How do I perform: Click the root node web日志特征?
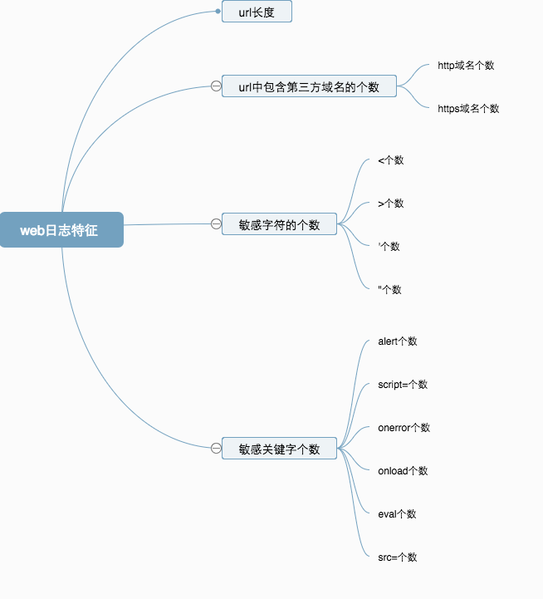click(61, 230)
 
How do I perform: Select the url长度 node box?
click(257, 12)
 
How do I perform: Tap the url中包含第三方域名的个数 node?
click(309, 86)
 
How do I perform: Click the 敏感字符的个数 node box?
click(279, 224)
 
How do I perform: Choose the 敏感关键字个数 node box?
click(279, 449)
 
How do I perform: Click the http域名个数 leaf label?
click(466, 65)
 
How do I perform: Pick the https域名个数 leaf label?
click(468, 108)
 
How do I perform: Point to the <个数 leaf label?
click(390, 160)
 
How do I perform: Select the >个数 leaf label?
click(390, 203)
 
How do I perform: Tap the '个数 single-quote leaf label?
click(389, 246)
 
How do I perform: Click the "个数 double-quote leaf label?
click(389, 289)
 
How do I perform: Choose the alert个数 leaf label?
click(397, 341)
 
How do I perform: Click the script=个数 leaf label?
click(402, 384)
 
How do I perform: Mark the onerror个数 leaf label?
click(404, 427)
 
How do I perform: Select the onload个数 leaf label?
click(403, 470)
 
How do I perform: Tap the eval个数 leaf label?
click(397, 513)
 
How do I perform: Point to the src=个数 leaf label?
click(397, 557)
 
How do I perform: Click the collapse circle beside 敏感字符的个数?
click(216, 223)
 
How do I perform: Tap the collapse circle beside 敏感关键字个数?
click(216, 449)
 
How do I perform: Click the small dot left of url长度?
click(218, 12)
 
